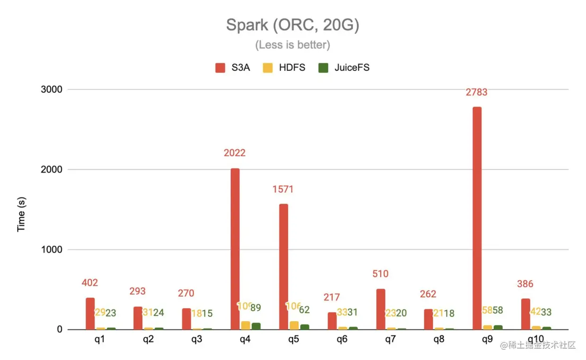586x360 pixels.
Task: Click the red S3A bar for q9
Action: tap(477, 218)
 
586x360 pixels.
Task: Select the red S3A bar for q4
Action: tap(235, 249)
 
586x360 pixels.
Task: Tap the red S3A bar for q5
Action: tap(284, 266)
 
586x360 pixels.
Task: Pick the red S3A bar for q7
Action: tap(380, 309)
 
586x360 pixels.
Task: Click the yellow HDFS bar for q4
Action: tap(246, 325)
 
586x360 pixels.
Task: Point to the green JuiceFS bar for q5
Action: tap(304, 326)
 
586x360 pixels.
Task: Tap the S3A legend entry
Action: tap(234, 68)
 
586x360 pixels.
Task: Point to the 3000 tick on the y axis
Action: tap(52, 89)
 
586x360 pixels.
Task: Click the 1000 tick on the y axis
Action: tap(52, 249)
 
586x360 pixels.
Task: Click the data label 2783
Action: tap(476, 92)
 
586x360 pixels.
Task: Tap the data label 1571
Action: tap(283, 189)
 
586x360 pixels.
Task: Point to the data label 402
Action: tap(89, 283)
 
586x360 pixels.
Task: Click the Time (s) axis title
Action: tap(21, 214)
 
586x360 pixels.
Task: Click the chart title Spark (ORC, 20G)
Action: tap(293, 25)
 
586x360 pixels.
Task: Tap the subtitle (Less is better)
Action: tap(293, 45)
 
